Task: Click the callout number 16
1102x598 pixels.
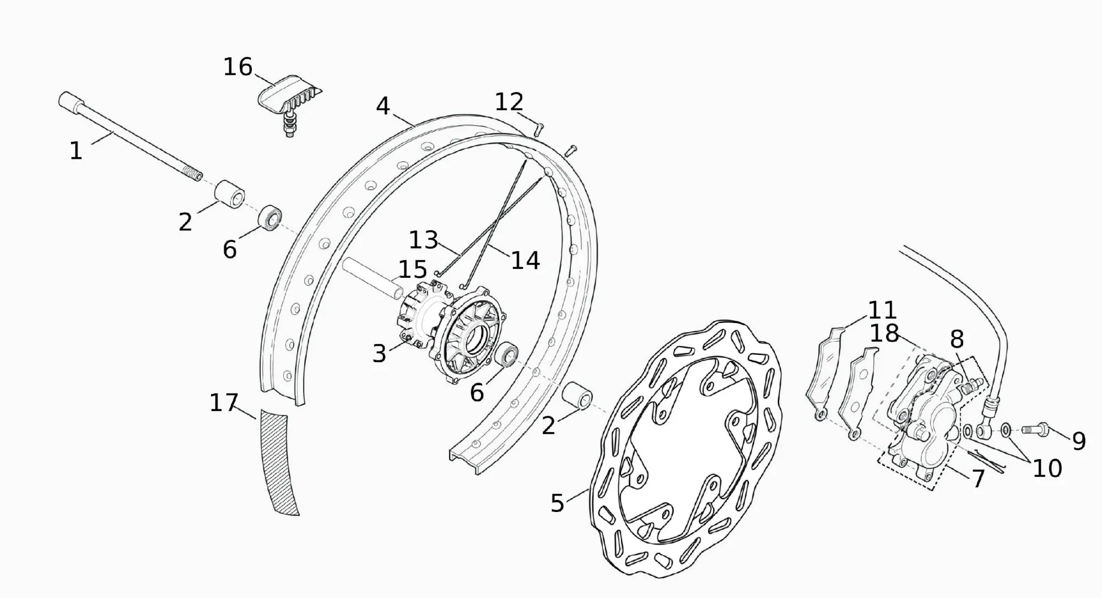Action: pos(237,67)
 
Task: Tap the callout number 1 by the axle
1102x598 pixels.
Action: pos(76,151)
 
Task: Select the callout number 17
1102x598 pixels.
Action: pos(224,403)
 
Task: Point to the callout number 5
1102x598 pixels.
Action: pos(558,503)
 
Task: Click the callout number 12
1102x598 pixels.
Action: pos(509,102)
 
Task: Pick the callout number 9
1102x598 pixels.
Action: pos(1079,441)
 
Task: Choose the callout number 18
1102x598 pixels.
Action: pos(884,333)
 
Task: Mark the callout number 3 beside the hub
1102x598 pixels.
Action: pos(379,354)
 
